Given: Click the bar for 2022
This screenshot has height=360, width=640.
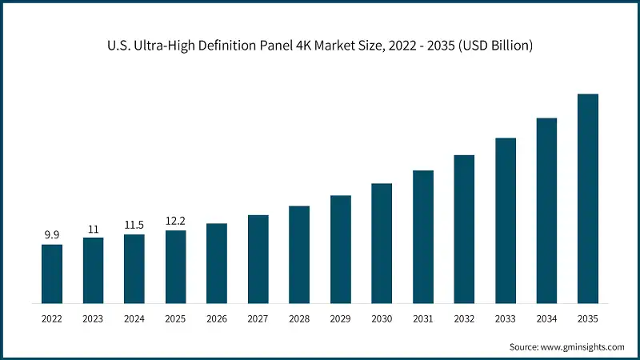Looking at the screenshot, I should click(x=52, y=274).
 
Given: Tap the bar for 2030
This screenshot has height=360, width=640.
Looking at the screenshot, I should click(x=382, y=243).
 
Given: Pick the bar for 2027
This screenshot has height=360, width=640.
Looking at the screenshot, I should click(x=258, y=259).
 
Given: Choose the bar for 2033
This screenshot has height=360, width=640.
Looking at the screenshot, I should click(x=506, y=221).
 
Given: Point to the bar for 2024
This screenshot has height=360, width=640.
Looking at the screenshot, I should click(x=134, y=269).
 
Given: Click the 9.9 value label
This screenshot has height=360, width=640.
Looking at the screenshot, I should click(x=52, y=234).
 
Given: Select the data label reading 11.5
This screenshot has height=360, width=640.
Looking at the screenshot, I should click(x=134, y=225).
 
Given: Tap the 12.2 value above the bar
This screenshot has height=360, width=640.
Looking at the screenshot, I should click(x=175, y=221).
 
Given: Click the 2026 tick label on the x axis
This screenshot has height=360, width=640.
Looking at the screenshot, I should click(x=217, y=318).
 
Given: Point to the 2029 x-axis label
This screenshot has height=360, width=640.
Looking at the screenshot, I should click(x=341, y=318).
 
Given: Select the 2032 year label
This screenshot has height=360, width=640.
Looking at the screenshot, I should click(x=464, y=318).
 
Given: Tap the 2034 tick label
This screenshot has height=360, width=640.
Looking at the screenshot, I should click(x=546, y=318).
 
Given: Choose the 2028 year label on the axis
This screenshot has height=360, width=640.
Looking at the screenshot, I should click(x=299, y=318).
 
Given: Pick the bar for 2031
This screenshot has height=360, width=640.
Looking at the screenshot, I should click(x=423, y=237).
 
